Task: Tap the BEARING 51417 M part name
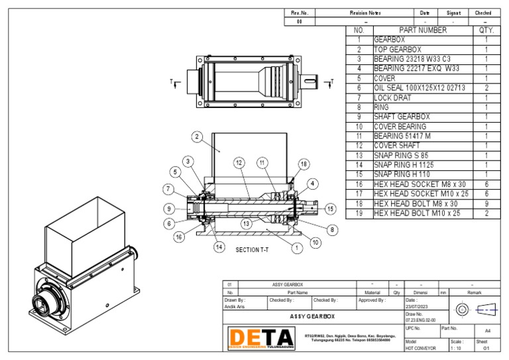tap(402, 136)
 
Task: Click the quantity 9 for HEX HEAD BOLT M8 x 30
tap(486, 204)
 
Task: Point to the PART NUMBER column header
tap(422, 30)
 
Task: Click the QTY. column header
tap(486, 30)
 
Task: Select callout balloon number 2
tap(197, 137)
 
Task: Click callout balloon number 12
tap(239, 162)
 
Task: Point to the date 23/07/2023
tap(418, 306)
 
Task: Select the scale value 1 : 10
tap(457, 347)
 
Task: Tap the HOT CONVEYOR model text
tap(421, 347)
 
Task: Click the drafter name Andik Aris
tap(235, 306)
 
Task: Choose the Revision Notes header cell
tap(365, 13)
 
